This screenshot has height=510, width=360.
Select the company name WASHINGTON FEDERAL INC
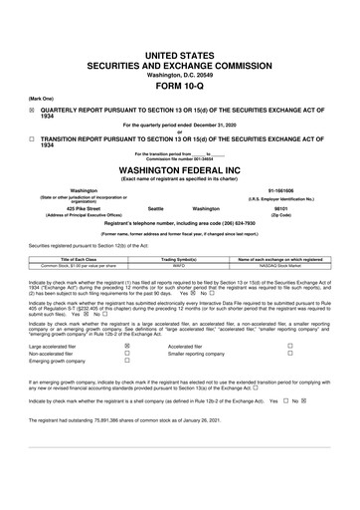(x=180, y=168)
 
